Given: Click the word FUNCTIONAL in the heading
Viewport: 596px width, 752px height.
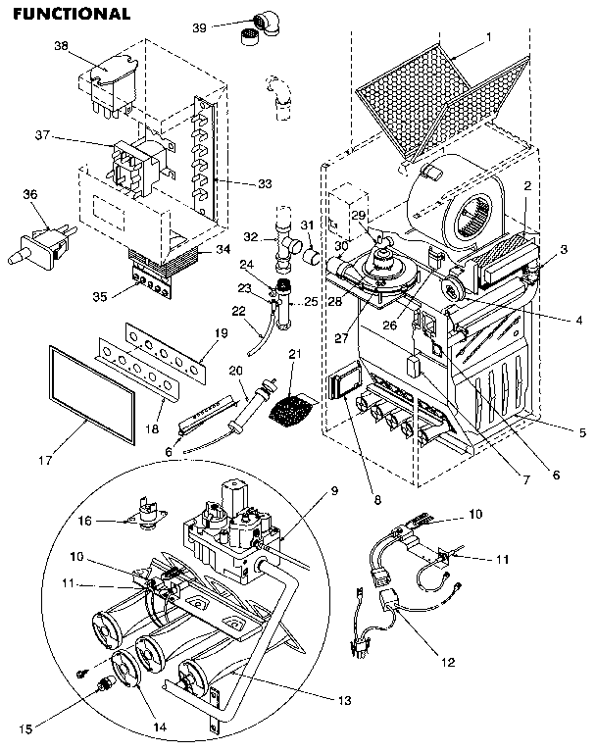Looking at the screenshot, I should (72, 14).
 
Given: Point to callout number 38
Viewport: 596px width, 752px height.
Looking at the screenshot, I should (61, 46).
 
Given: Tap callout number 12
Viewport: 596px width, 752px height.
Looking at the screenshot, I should (447, 662).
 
